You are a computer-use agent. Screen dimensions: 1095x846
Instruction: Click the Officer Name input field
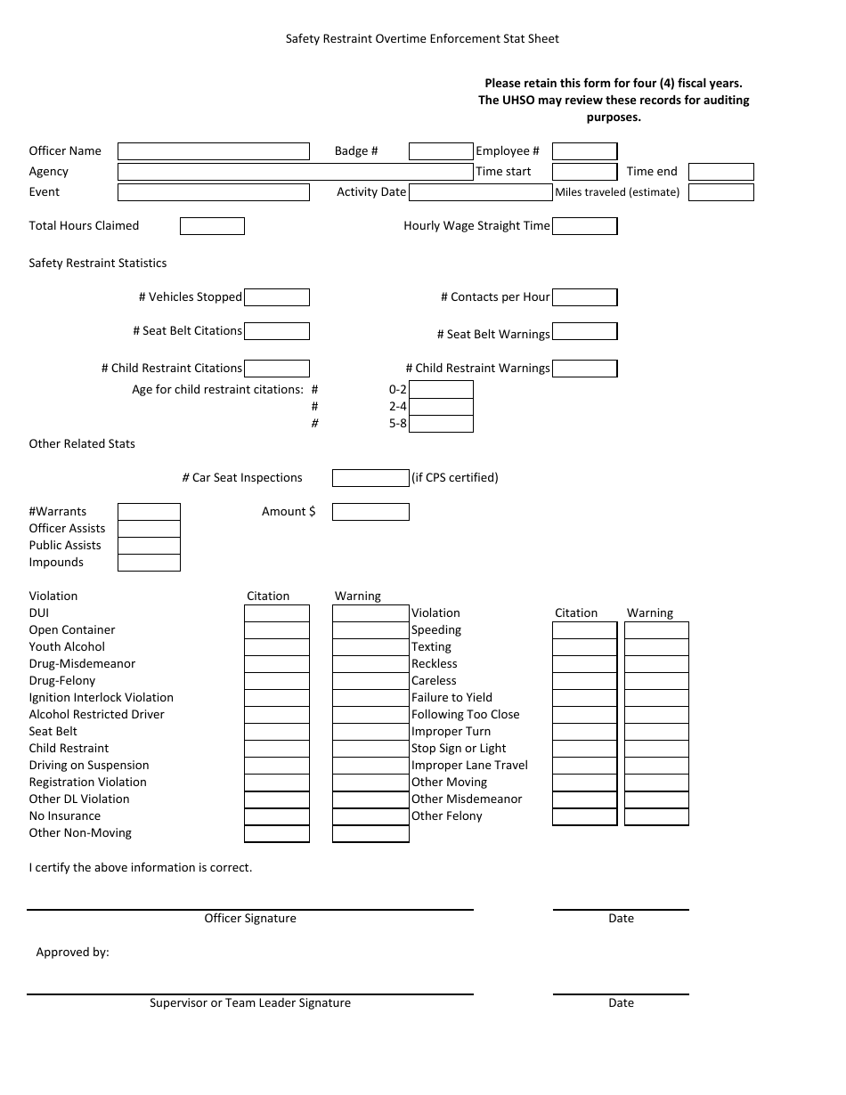tap(214, 151)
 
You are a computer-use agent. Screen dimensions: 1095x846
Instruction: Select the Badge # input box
tap(441, 151)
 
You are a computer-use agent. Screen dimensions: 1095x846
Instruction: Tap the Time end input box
tap(721, 172)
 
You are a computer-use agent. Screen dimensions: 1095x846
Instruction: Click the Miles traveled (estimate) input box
tap(721, 192)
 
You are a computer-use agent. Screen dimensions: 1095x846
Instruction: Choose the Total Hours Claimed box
tap(212, 226)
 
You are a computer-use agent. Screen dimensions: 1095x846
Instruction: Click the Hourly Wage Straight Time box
tap(584, 226)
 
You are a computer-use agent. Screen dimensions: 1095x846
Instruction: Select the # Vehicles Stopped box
tap(277, 297)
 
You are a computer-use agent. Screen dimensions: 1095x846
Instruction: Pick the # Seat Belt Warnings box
tap(584, 331)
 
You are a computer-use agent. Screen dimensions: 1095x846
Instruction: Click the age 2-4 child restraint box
tap(441, 407)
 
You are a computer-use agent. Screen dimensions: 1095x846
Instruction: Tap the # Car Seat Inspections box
tap(370, 478)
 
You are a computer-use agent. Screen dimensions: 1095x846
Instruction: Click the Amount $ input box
tap(370, 512)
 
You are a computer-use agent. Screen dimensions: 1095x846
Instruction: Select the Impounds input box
tap(149, 563)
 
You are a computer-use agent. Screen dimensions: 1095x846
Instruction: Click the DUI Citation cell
tap(277, 613)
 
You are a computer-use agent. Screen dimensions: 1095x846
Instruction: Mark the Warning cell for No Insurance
tap(370, 816)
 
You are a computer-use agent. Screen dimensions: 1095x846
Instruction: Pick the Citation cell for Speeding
tap(584, 630)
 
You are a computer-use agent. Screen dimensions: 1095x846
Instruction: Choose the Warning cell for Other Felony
tap(656, 816)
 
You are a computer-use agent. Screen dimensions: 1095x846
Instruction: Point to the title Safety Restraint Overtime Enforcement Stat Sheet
tap(422, 39)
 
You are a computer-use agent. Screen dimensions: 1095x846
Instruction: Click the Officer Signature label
tap(250, 919)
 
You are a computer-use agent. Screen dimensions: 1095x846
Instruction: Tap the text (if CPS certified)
tap(455, 478)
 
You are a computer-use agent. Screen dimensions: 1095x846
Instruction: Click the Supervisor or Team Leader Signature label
tap(250, 1003)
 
